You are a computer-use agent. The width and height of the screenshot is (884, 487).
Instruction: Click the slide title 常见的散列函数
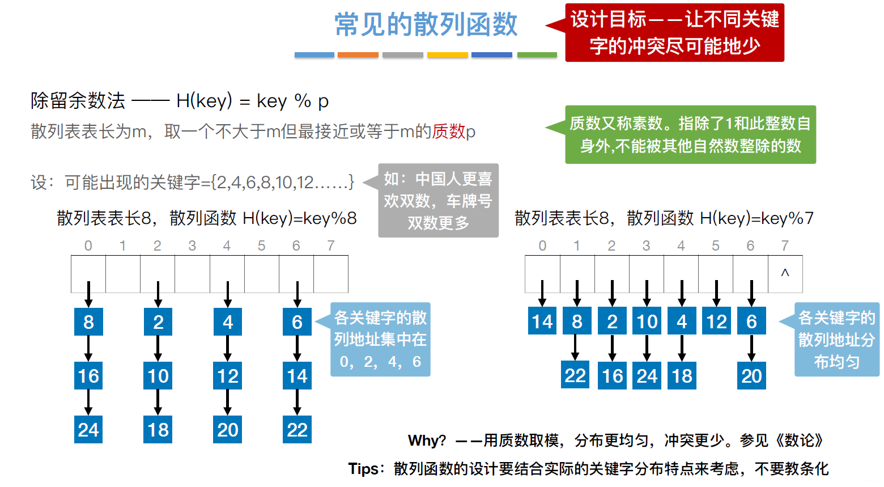click(x=426, y=25)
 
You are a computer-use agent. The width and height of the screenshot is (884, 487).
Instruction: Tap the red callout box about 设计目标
click(x=674, y=33)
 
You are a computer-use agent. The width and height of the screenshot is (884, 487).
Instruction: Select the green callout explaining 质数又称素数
click(x=690, y=135)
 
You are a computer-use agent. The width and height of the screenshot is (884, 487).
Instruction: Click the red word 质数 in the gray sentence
click(x=448, y=132)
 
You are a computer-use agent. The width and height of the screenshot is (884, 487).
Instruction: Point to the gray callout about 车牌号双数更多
click(x=438, y=201)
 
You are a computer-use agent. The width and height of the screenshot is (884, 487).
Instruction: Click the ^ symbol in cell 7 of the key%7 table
click(x=785, y=273)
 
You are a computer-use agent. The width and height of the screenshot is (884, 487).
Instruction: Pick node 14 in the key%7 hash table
click(x=542, y=321)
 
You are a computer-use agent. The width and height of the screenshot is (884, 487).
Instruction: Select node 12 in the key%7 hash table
click(x=716, y=321)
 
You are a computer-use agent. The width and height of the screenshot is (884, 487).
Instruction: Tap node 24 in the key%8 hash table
click(x=88, y=430)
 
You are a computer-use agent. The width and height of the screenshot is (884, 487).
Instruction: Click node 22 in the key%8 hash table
click(x=297, y=430)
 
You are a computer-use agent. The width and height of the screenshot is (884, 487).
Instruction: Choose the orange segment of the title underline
click(x=358, y=55)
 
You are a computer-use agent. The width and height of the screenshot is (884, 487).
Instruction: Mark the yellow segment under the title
click(x=447, y=55)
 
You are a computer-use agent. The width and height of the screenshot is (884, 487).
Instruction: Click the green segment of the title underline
click(x=537, y=55)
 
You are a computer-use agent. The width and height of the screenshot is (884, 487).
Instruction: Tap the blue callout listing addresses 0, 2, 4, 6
click(x=380, y=340)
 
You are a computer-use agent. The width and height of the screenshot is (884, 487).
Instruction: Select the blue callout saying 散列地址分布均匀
click(x=836, y=340)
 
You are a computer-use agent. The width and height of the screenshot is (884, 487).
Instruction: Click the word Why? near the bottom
click(x=427, y=441)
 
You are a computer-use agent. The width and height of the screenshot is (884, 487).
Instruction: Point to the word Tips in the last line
click(x=363, y=469)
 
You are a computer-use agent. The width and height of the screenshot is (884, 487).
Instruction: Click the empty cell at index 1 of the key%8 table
click(x=123, y=274)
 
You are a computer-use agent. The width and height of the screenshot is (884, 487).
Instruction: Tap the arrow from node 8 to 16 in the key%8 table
click(x=88, y=348)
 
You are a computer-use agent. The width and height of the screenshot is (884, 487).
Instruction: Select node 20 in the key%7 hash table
click(x=751, y=376)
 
